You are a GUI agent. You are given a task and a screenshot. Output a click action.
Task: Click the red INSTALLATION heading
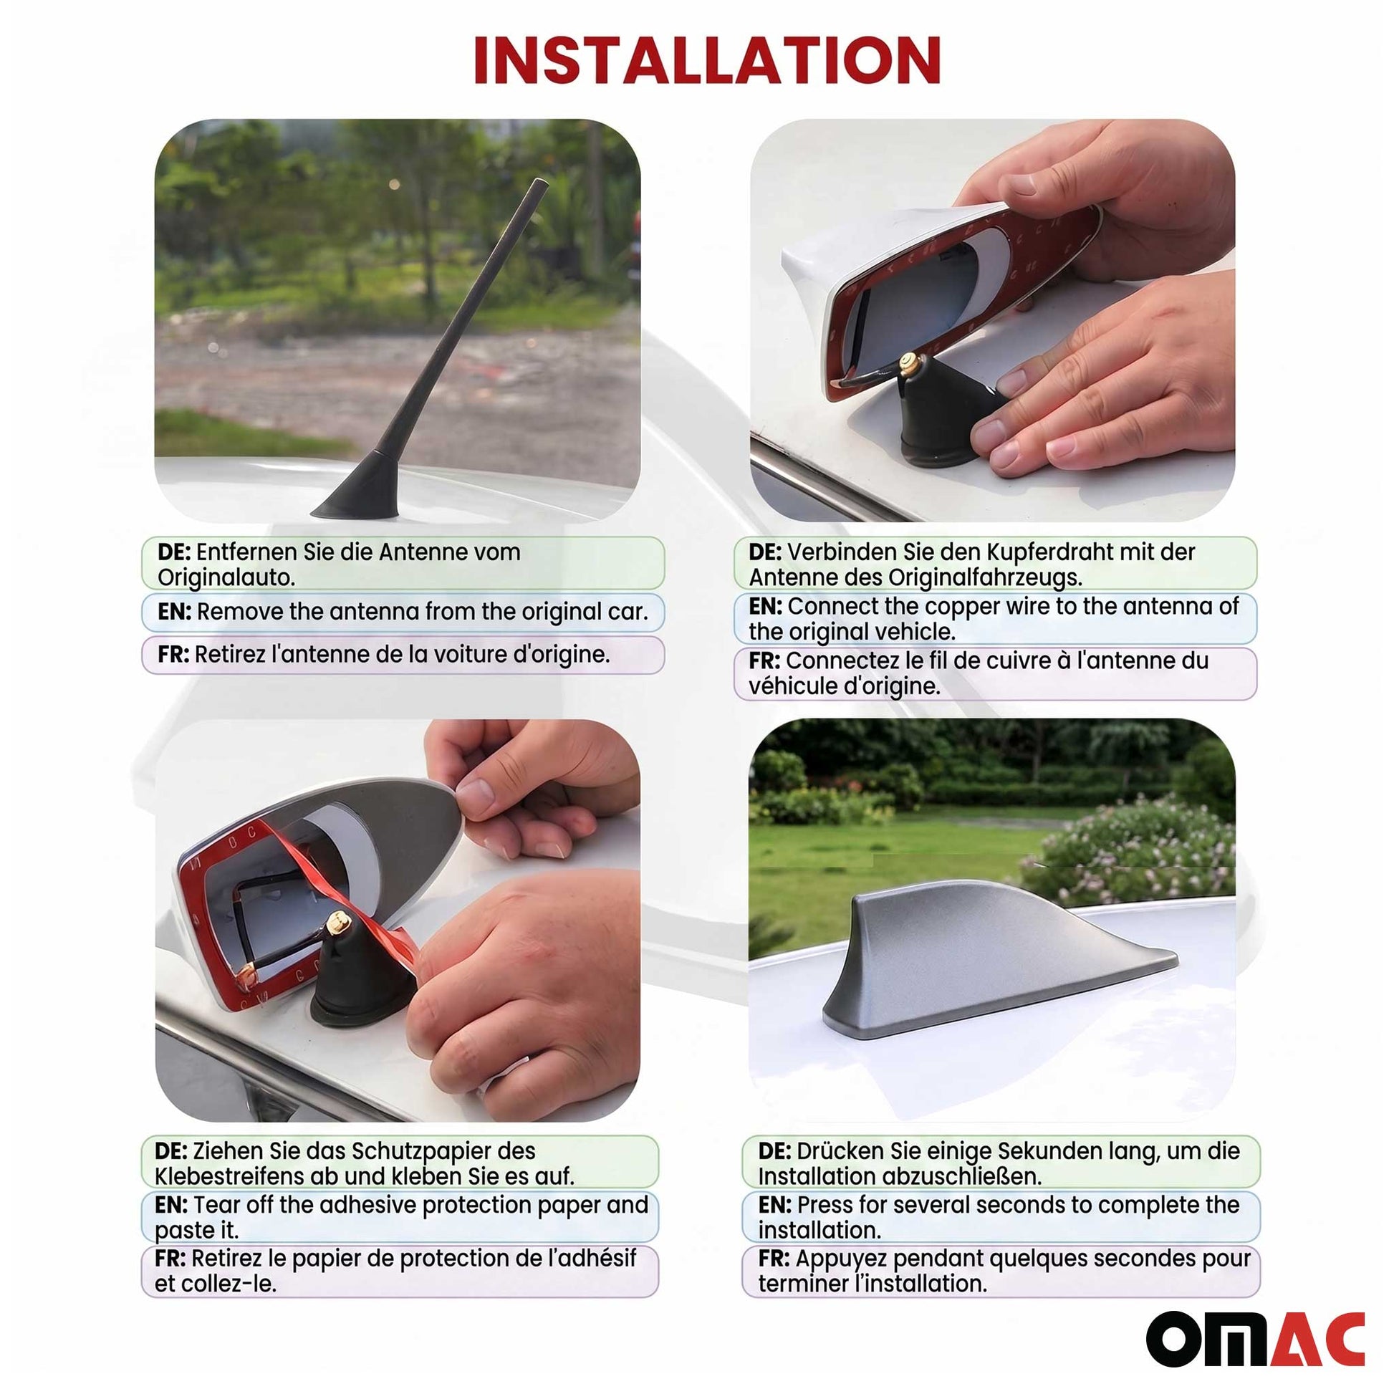[x=706, y=62]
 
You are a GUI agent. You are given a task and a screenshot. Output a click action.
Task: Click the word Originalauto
[x=226, y=578]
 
